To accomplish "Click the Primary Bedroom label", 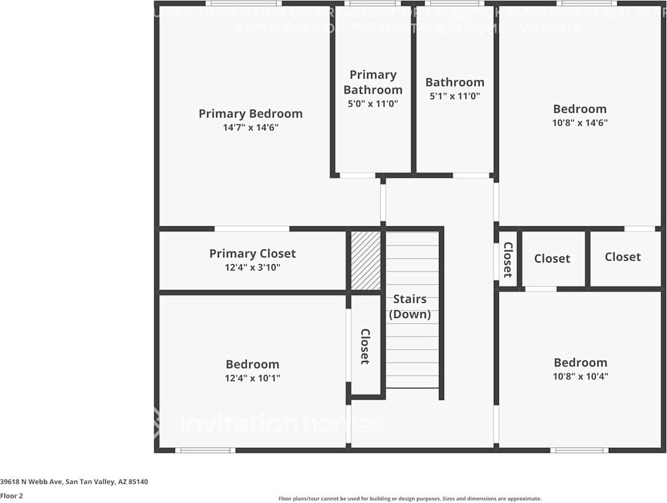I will click(250, 114).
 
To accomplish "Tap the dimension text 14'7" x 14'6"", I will click(250, 128).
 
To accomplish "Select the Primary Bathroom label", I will click(373, 82).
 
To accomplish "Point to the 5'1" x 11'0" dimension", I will click(455, 96).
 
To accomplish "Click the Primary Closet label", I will click(252, 253).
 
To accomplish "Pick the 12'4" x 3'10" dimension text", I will click(252, 267).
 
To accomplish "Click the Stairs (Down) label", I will click(410, 306).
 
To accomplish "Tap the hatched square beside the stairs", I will click(365, 260).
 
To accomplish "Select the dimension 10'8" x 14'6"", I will click(580, 123).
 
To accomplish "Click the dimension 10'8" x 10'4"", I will click(580, 376).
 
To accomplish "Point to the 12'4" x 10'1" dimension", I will click(252, 378).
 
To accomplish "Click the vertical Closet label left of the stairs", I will click(365, 346).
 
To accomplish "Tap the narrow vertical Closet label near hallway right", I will click(507, 260).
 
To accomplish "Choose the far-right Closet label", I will click(622, 257).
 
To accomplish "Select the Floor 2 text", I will click(11, 496).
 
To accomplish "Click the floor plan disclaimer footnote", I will click(410, 498).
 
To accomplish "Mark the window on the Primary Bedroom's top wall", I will click(233, 3).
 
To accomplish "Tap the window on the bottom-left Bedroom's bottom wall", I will click(205, 450).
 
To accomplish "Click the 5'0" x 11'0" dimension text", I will click(373, 104).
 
